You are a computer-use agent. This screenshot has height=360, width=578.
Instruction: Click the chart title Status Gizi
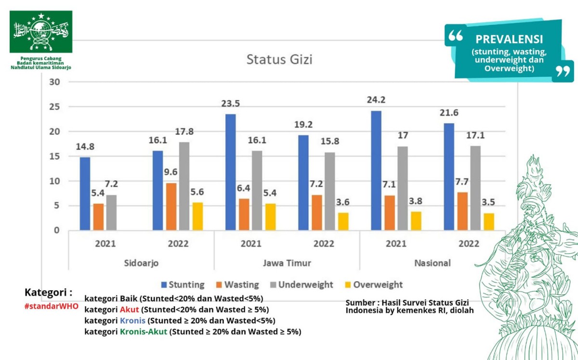279,60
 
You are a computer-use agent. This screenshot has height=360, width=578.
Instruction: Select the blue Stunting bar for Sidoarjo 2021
85,193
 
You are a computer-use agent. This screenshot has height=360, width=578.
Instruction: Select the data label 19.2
303,125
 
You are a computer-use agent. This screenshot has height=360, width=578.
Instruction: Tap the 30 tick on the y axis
54,82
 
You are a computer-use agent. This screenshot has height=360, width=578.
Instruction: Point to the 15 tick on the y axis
54,156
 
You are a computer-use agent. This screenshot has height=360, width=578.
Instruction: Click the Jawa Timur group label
287,263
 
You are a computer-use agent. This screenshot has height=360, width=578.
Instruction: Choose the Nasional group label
433,263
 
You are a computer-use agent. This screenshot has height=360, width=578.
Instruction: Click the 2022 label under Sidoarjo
178,244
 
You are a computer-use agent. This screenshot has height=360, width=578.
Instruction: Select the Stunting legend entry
183,285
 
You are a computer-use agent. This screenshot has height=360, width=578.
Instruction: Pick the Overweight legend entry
374,285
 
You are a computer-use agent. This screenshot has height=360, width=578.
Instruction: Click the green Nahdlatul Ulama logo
41,32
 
